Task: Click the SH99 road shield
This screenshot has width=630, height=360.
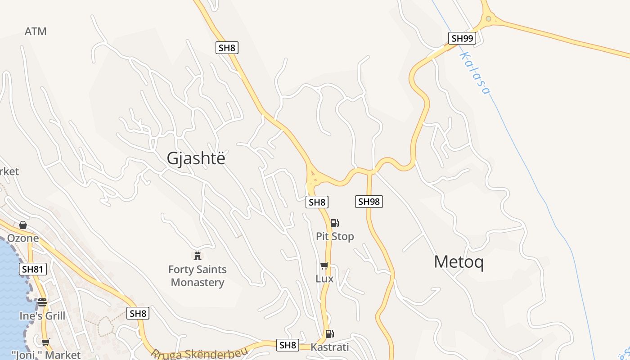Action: [462, 38]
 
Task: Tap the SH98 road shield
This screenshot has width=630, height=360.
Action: [369, 202]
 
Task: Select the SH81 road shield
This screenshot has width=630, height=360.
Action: [33, 270]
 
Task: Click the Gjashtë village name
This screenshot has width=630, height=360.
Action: [196, 158]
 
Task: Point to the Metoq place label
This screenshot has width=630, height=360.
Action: [459, 262]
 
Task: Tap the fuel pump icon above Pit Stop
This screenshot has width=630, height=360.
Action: [334, 223]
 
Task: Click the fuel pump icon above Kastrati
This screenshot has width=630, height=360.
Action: [329, 333]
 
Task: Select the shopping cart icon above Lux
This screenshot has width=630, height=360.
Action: [324, 266]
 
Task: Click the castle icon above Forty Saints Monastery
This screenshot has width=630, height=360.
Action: [197, 256]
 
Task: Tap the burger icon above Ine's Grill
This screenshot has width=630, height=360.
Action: [42, 302]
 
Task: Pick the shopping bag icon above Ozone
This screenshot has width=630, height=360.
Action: [23, 225]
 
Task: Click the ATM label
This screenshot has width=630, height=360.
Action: [36, 31]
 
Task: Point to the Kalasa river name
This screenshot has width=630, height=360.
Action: [474, 73]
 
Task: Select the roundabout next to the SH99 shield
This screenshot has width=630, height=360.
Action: [488, 19]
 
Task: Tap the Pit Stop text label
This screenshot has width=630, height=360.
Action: [335, 236]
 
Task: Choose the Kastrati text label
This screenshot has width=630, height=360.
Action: [330, 347]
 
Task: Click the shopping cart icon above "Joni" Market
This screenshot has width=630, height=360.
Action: [45, 342]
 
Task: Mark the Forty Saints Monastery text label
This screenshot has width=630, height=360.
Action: [198, 276]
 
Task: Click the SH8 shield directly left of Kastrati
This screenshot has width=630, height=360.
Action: [288, 345]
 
